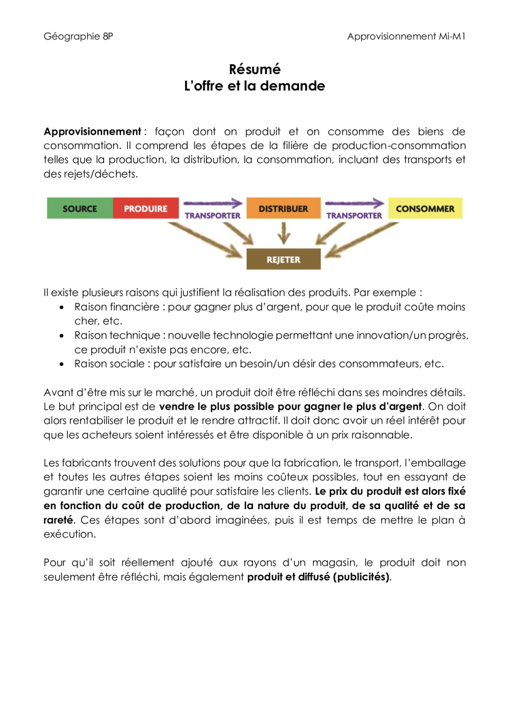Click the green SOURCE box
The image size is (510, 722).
click(x=80, y=208)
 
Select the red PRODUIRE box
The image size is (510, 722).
click(x=145, y=208)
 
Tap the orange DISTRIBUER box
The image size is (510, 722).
click(x=283, y=208)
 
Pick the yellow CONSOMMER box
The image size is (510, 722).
click(x=425, y=208)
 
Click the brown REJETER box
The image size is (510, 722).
click(x=283, y=259)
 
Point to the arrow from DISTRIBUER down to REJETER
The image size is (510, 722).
click(x=284, y=233)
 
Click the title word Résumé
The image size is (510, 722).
click(x=254, y=69)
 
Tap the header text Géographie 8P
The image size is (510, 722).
click(x=78, y=36)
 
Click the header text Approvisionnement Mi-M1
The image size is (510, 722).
click(x=406, y=36)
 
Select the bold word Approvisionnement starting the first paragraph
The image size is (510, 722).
click(x=92, y=132)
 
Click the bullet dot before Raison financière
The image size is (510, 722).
click(x=62, y=307)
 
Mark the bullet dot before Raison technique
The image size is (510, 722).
click(x=62, y=336)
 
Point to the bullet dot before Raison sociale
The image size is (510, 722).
click(x=62, y=364)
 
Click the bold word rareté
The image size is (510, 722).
click(x=58, y=520)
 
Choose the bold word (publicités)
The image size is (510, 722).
click(x=362, y=577)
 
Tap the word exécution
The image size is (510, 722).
click(x=69, y=534)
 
